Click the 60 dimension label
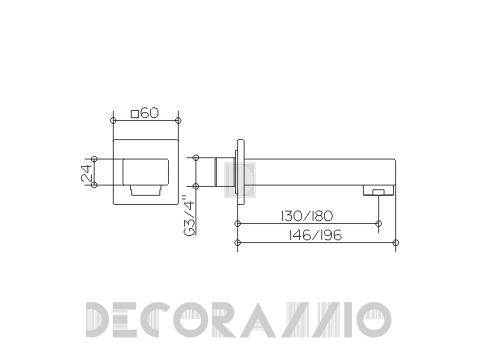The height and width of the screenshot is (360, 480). pos(149,113)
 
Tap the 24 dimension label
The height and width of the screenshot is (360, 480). pos(87,173)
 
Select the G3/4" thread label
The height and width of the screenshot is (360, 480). pos(189,216)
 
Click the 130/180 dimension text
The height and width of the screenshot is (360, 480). pos(307,216)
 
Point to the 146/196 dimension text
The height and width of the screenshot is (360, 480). pos(315,235)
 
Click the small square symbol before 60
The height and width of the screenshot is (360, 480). pos(135,114)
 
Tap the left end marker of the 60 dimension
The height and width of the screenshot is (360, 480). pos(113,120)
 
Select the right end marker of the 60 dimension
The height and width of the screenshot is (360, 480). pos(178,120)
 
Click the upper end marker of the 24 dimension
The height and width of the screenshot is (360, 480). pos(94,159)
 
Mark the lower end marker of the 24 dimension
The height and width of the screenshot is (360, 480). pos(94,185)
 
